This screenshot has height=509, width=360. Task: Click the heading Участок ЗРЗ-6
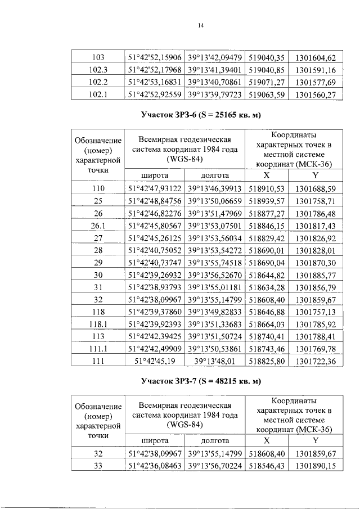click(201, 116)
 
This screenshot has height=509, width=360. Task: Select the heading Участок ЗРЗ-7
click(201, 382)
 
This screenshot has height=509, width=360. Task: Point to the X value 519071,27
click(267, 83)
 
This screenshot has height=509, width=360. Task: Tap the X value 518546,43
click(267, 466)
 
